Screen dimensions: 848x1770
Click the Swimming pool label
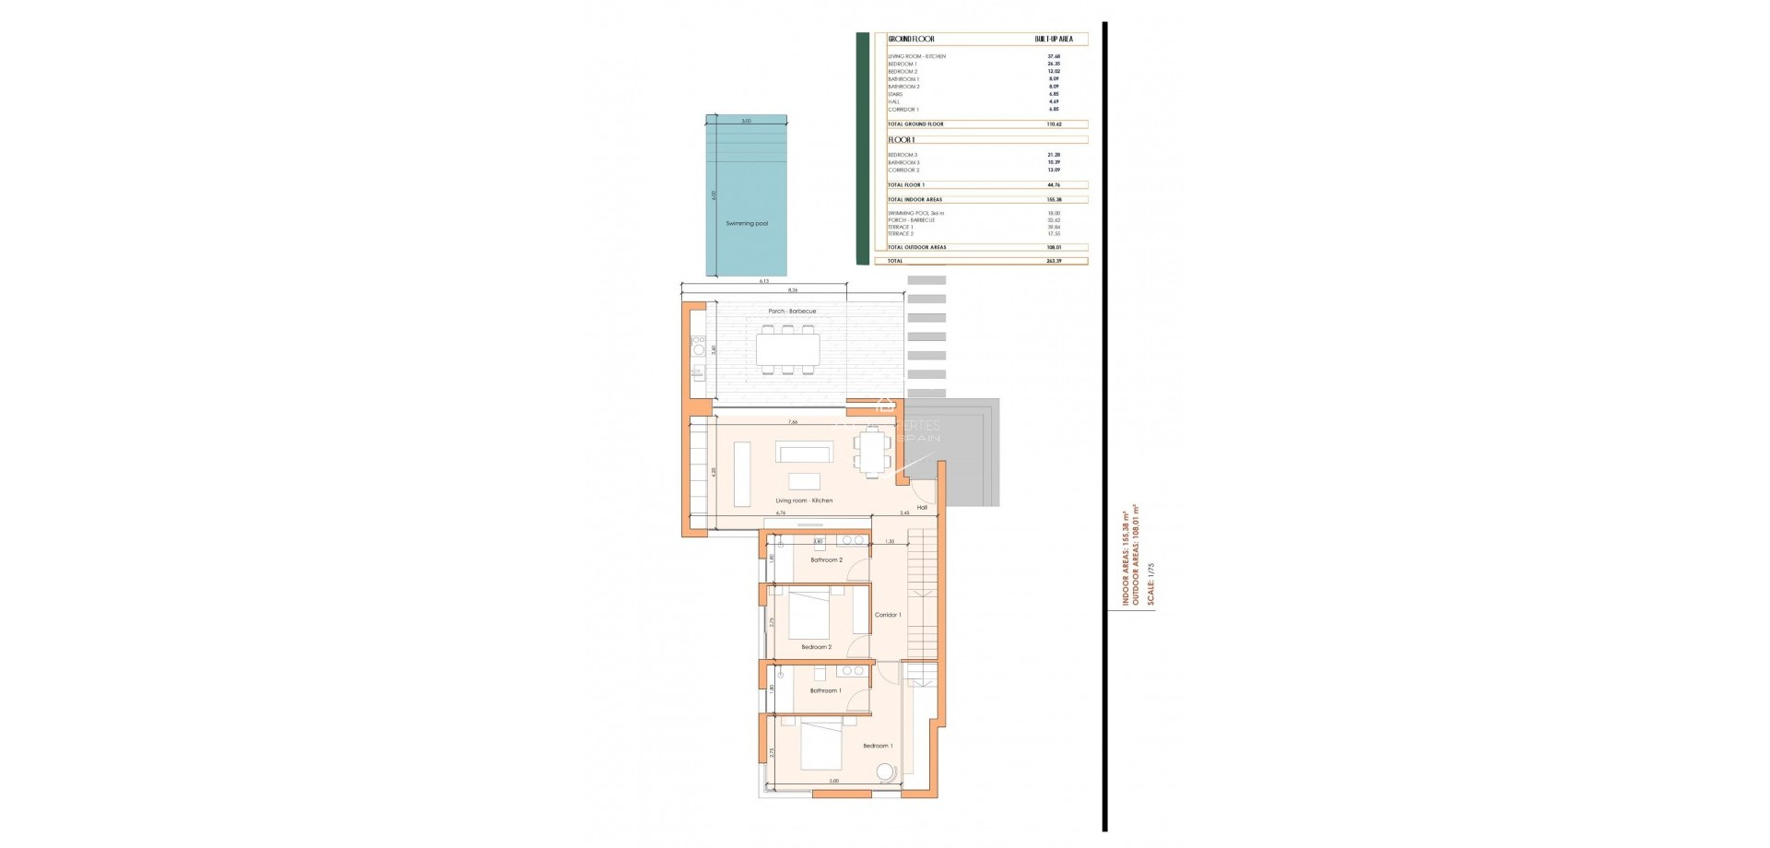click(x=747, y=224)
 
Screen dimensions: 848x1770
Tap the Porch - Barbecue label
click(x=792, y=312)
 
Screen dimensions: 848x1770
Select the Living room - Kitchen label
click(x=804, y=501)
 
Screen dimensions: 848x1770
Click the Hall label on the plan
click(x=922, y=508)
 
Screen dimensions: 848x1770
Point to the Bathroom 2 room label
click(x=826, y=560)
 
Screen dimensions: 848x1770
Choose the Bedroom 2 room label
click(x=816, y=647)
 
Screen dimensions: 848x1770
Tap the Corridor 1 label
click(x=888, y=615)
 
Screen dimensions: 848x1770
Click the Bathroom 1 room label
click(x=825, y=691)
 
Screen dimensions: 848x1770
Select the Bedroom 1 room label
click(x=878, y=746)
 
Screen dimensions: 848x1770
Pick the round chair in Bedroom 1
click(x=885, y=772)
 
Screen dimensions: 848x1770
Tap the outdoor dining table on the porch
click(x=788, y=349)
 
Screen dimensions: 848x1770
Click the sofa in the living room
click(x=804, y=452)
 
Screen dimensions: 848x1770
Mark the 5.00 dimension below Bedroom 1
click(x=834, y=782)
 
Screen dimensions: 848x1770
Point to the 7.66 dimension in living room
click(x=793, y=422)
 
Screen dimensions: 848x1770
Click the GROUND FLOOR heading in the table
click(x=911, y=40)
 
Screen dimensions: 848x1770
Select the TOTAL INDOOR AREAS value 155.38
click(x=1054, y=200)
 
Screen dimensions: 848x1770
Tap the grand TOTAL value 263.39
click(x=1054, y=261)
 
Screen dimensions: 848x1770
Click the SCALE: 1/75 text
click(x=1150, y=583)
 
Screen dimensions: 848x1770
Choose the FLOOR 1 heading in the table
click(x=902, y=140)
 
